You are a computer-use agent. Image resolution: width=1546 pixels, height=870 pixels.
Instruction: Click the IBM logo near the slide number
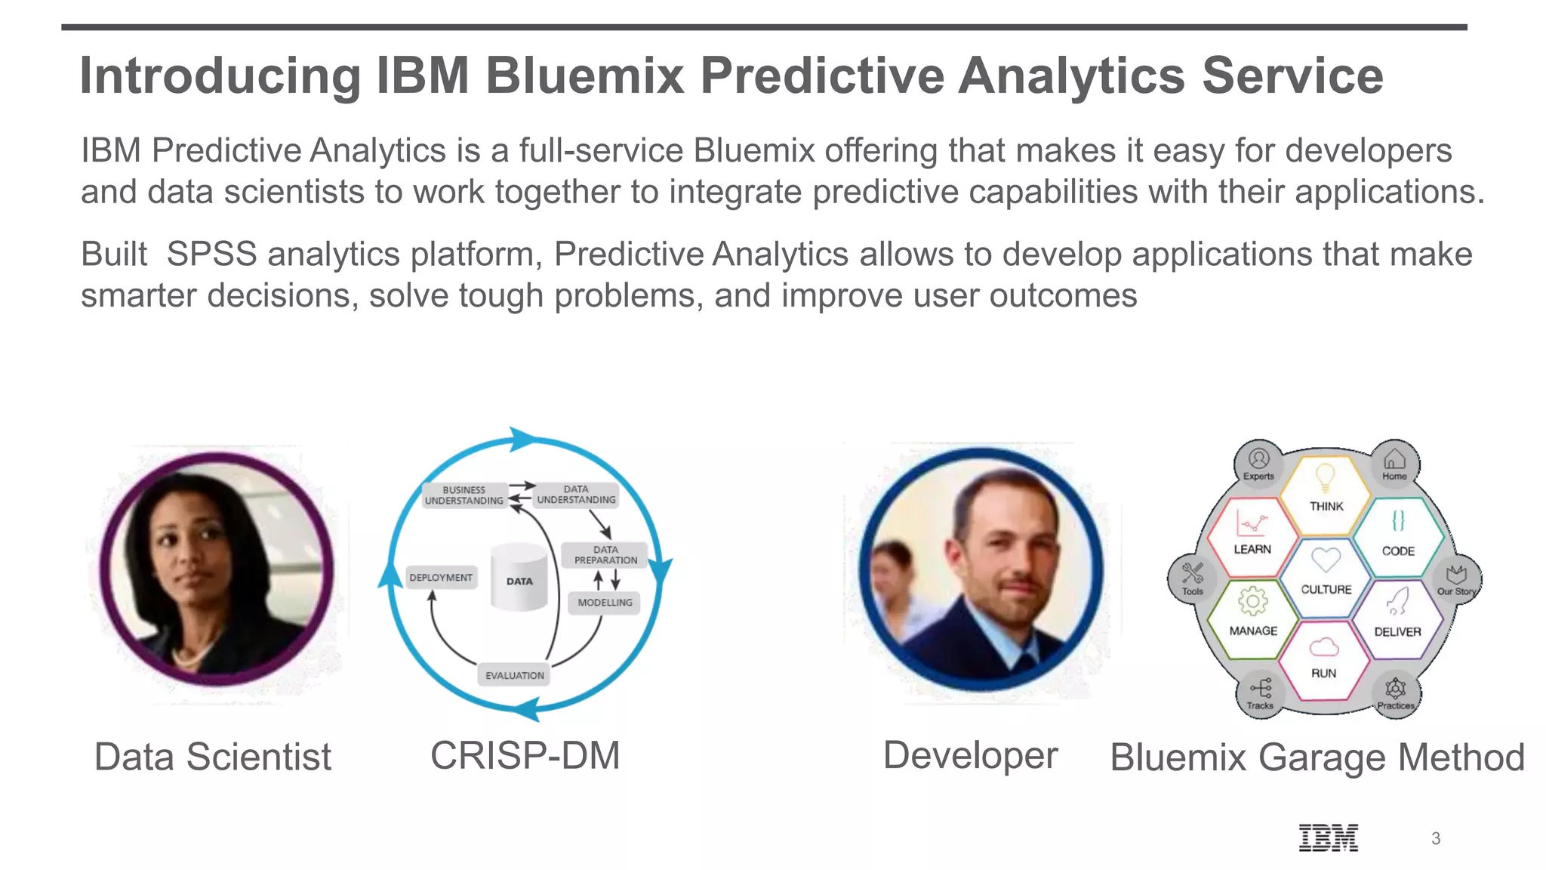[x=1328, y=838]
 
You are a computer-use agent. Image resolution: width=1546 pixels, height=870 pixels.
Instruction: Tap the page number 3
[x=1435, y=838]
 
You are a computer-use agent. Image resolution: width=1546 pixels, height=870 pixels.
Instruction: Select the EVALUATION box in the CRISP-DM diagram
[x=514, y=675]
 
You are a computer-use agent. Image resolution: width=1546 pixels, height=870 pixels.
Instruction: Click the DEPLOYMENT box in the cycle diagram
[x=441, y=578]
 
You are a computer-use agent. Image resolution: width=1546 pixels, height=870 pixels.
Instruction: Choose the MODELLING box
[x=605, y=603]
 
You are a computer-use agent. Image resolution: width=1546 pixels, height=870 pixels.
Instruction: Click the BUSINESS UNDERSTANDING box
[x=463, y=495]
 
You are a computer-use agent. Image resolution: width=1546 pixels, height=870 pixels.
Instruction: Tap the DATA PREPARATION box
[x=605, y=555]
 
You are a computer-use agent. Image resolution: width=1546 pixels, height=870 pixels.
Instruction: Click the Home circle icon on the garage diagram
[x=1394, y=463]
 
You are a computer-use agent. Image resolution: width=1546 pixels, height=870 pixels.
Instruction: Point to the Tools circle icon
[x=1193, y=578]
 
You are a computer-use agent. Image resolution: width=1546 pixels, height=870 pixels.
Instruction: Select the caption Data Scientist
[x=212, y=757]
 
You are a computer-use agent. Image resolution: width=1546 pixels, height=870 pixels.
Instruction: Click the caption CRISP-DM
[x=525, y=755]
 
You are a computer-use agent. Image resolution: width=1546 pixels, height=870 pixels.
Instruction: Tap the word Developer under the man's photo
[x=970, y=755]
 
